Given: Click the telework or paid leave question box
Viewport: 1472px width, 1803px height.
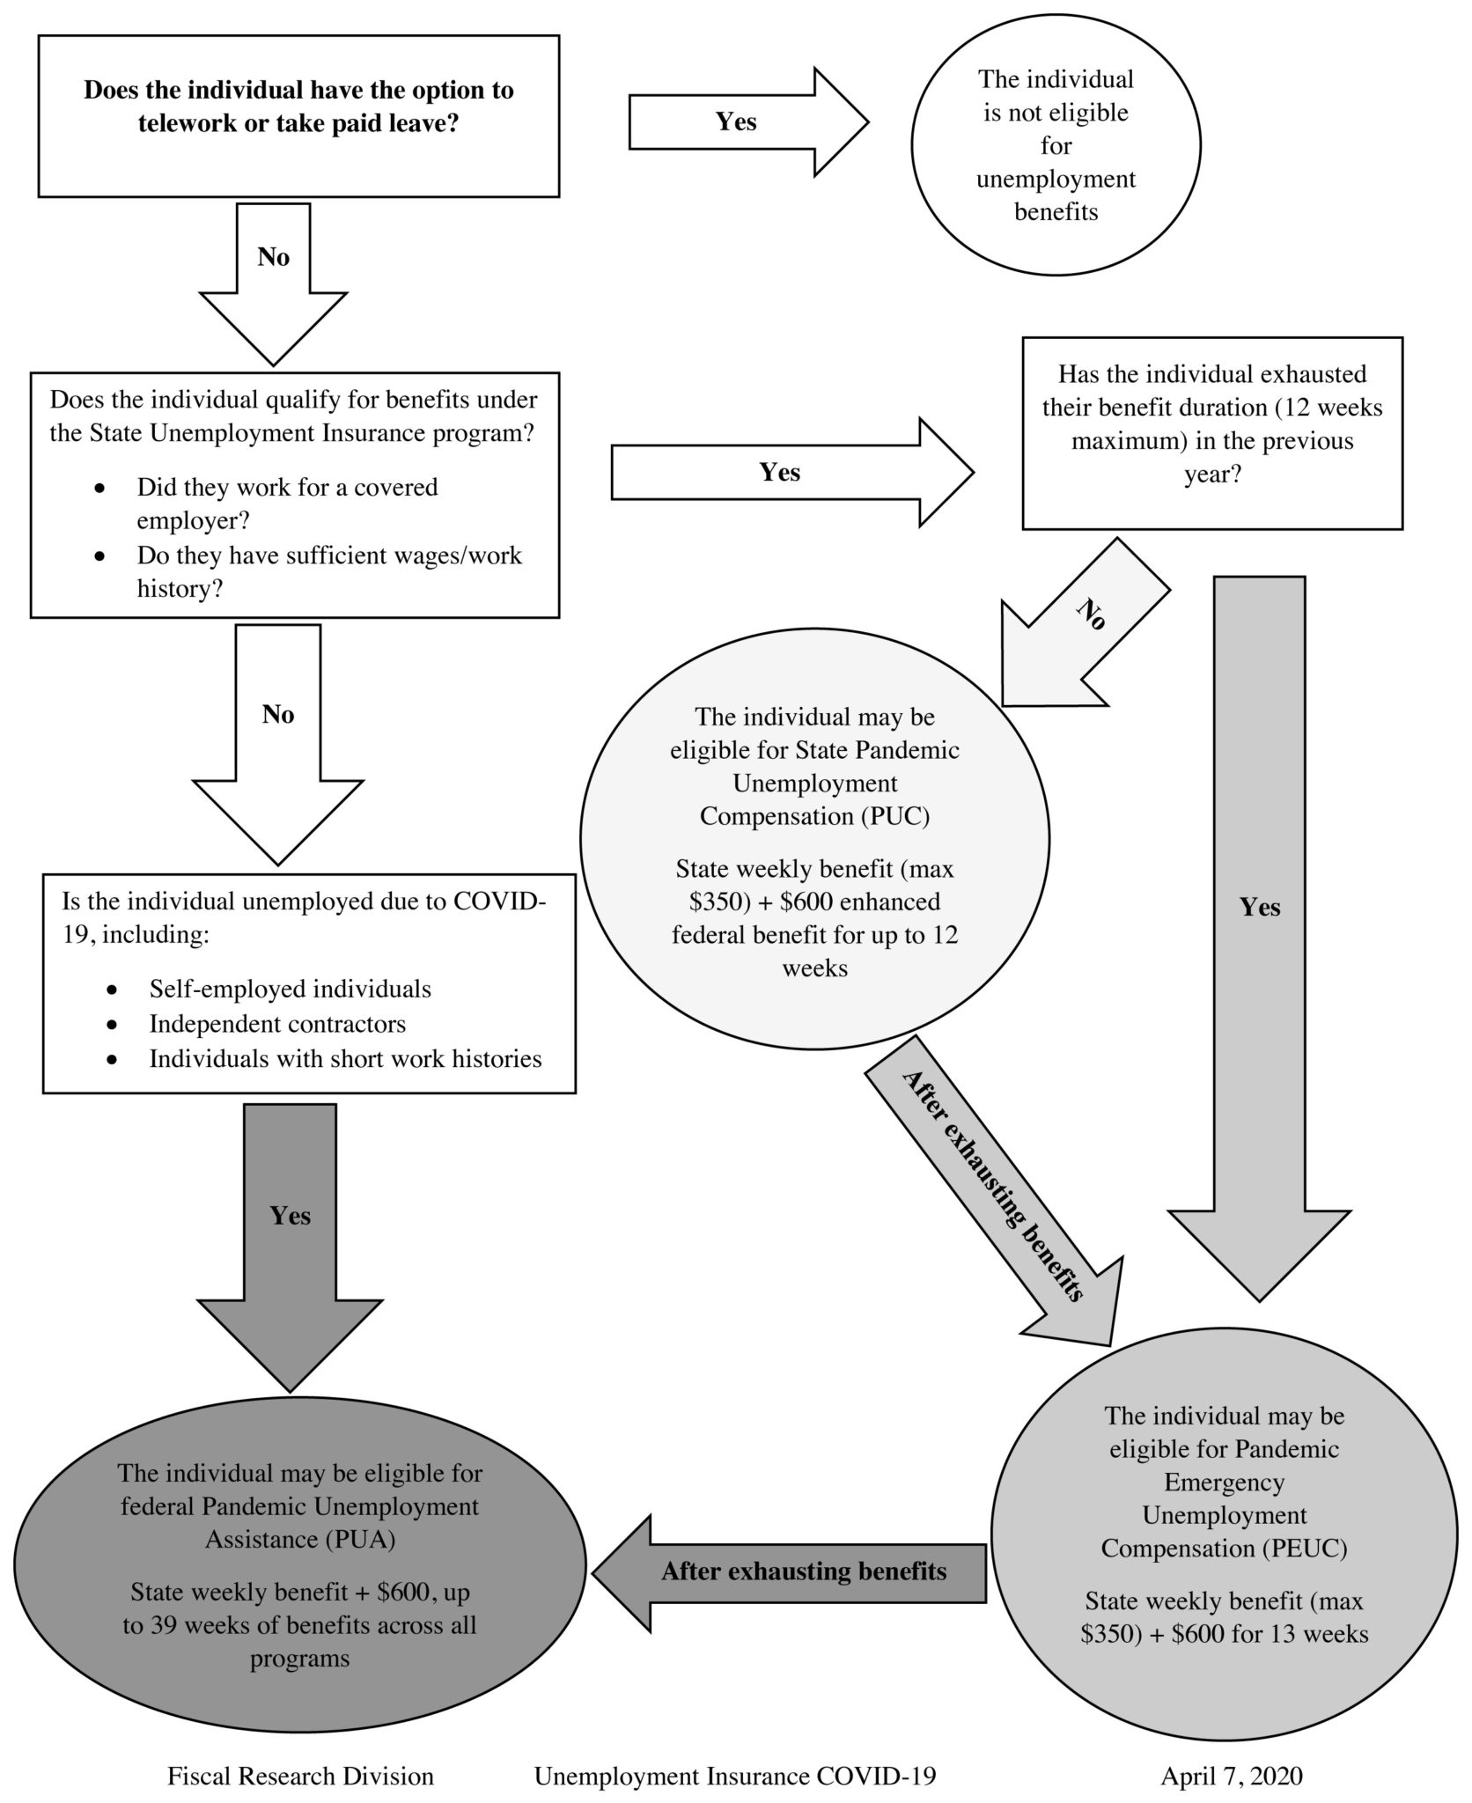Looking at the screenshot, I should [298, 115].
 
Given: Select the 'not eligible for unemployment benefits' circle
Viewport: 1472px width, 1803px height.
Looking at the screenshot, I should [1056, 145].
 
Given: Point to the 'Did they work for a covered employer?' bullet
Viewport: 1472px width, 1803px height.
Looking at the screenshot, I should [287, 504].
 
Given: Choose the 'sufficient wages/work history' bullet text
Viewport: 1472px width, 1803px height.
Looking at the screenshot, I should [328, 572].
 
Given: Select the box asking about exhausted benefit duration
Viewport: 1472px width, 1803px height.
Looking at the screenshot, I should [1211, 433].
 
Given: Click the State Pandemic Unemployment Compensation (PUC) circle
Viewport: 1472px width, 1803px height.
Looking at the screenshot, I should [814, 840].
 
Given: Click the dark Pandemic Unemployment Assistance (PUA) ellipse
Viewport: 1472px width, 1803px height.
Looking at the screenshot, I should [299, 1564].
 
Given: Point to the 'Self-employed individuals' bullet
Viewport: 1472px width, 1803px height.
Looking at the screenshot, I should [290, 989].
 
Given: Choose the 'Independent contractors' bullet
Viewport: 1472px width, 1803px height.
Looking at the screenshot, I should [277, 1024].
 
